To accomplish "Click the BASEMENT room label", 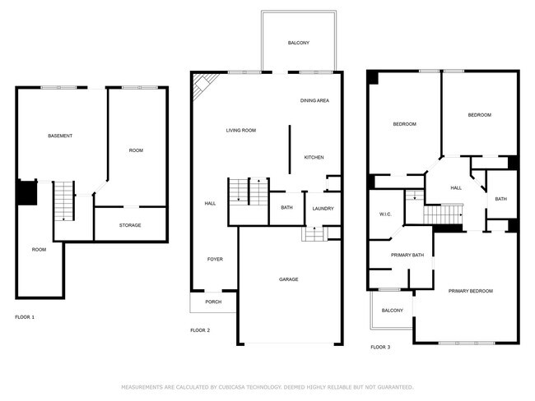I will tap(59, 136).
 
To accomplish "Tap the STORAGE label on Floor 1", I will tap(130, 225).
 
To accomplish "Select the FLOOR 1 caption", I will tap(25, 316).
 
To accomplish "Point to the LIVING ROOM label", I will tap(241, 130).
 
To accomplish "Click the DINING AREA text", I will tap(314, 100).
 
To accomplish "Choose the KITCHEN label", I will tap(314, 157).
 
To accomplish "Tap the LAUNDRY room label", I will tap(323, 208).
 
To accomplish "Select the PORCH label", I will tap(213, 302).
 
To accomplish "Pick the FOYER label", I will tap(214, 260).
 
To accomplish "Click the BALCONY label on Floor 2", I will tap(298, 43).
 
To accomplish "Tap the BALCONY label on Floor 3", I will tap(393, 311).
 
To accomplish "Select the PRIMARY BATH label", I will tap(407, 255).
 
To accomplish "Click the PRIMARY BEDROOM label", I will tap(471, 292).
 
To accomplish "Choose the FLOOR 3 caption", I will tap(380, 348).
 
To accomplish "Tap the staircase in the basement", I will tap(63, 201).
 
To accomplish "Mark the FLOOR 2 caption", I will tap(200, 330).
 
